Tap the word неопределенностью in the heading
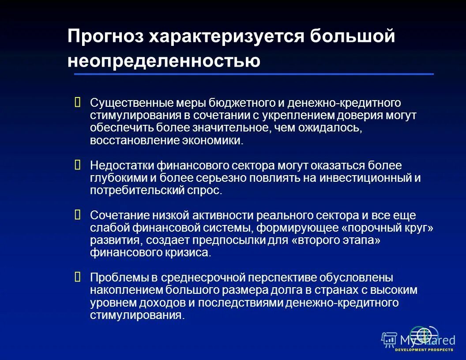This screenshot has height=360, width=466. pos(164,61)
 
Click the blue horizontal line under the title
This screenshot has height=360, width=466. pos(254,74)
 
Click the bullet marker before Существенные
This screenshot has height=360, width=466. pos(78,103)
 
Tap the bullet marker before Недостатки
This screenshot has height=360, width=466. pos(78,165)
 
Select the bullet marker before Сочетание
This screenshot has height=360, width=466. pos(78,215)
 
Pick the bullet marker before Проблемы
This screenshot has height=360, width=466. pos(78,277)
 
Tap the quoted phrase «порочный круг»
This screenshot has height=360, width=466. pos(388,228)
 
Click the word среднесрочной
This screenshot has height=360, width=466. pos(203,278)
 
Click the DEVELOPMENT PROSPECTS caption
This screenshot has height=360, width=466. pos(424,350)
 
